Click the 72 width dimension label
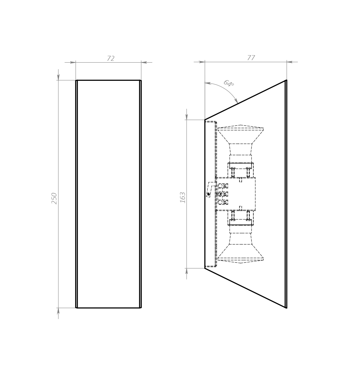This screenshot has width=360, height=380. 111,58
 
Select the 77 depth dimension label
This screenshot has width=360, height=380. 251,58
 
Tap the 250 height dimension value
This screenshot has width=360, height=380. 54,198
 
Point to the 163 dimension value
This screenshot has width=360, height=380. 182,197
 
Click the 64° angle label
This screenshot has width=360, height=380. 229,83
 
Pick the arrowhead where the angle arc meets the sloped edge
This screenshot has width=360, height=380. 236,101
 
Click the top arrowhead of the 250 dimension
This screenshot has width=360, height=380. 58,77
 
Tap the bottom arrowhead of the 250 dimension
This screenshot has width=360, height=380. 58,311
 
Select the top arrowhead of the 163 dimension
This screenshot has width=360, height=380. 186,117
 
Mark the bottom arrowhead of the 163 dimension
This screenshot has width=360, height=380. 186,271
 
